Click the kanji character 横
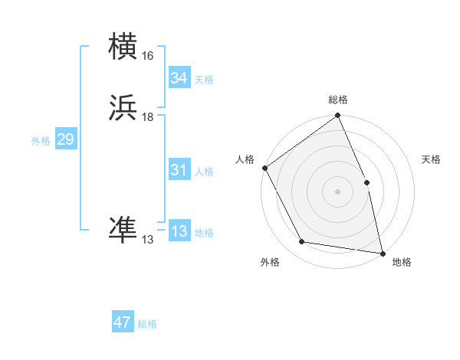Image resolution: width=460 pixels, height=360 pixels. tap(124, 48)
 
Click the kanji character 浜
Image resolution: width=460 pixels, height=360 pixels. tap(124, 110)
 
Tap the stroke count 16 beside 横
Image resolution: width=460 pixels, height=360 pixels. tap(147, 56)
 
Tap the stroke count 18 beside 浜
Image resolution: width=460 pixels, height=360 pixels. tap(147, 117)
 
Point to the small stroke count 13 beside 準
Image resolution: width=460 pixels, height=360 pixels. tap(147, 240)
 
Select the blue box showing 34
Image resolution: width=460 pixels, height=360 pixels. tap(179, 78)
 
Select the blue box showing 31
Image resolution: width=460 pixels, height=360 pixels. tap(179, 171)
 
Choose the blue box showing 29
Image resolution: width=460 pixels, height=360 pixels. tap(65, 140)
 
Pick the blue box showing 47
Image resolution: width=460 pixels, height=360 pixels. tap(123, 322)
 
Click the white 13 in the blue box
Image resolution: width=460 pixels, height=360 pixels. tap(179, 232)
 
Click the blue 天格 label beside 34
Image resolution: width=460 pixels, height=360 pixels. tap(204, 80)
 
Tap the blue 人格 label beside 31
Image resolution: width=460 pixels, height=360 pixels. tap(204, 172)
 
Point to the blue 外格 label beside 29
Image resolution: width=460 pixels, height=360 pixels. tap(41, 141)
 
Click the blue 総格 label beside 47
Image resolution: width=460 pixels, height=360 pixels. tap(147, 324)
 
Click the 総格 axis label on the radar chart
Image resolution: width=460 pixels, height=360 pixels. tap(338, 100)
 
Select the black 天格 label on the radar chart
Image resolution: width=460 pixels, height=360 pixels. tap(431, 159)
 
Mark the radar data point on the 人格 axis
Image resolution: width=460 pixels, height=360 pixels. tap(264, 168)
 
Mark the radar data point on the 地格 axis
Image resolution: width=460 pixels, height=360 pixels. tap(383, 253)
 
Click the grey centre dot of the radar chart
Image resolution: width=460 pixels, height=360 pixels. tap(338, 191)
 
